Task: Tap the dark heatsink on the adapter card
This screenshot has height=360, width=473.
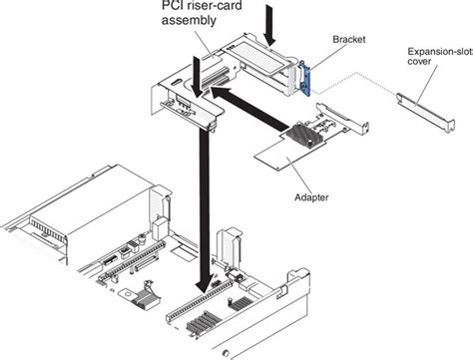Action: (299, 136)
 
